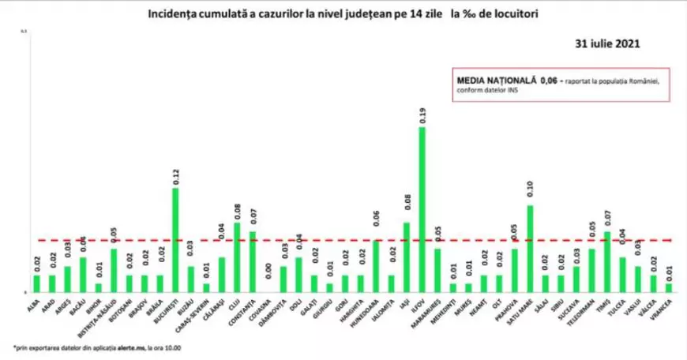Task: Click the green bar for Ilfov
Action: click(422, 209)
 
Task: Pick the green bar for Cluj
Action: click(237, 257)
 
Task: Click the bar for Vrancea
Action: click(669, 287)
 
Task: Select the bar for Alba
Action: click(36, 283)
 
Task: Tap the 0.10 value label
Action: click(530, 192)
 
